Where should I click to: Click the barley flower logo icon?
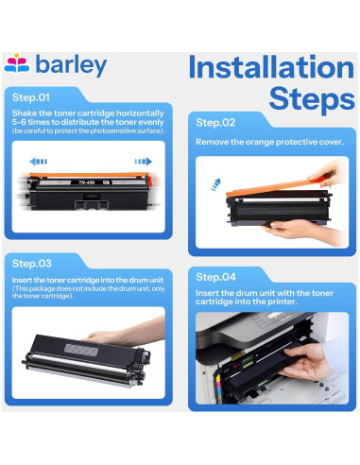pyautogui.click(x=17, y=63)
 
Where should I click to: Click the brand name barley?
pyautogui.click(x=71, y=65)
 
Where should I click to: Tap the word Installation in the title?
pyautogui.click(x=271, y=67)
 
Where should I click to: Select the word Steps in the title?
pyautogui.click(x=312, y=98)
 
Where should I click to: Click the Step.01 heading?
pyautogui.click(x=31, y=97)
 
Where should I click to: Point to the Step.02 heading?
pyautogui.click(x=215, y=123)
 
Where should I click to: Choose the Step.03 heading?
pyautogui.click(x=31, y=264)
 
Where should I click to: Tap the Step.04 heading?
pyautogui.click(x=215, y=277)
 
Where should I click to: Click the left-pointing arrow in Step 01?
pyautogui.click(x=38, y=162)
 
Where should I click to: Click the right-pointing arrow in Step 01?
pyautogui.click(x=144, y=162)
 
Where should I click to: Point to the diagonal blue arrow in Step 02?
pyautogui.click(x=216, y=184)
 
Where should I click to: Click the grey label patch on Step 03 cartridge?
pyautogui.click(x=81, y=350)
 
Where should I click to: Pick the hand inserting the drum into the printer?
pyautogui.click(x=304, y=361)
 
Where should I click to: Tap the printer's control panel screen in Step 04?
pyautogui.click(x=273, y=316)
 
